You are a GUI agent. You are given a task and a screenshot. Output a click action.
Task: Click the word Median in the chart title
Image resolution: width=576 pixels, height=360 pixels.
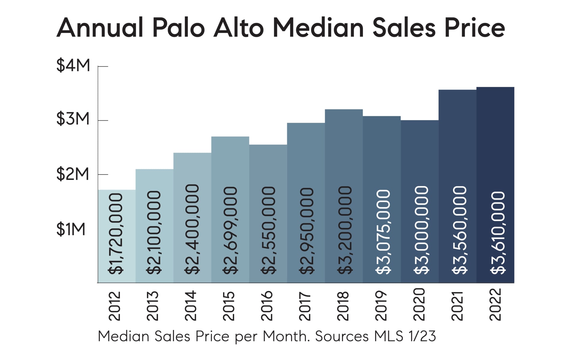click(x=318, y=28)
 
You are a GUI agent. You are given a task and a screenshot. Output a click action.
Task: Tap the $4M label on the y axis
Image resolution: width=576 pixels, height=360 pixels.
click(x=73, y=65)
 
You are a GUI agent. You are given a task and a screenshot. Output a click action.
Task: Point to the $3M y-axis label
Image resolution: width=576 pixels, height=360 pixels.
click(x=73, y=119)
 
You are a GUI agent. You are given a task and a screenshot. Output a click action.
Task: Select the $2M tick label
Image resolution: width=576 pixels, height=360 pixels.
click(x=73, y=174)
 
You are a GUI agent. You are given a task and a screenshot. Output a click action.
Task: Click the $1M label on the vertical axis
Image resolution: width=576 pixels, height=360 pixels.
click(x=71, y=229)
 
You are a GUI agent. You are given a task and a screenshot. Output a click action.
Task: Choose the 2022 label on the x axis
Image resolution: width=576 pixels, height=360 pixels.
click(x=495, y=304)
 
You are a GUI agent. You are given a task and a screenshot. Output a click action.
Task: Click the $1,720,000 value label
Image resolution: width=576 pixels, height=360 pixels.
click(x=116, y=234)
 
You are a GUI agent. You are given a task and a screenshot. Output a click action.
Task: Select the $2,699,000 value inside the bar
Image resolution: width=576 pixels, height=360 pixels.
click(x=230, y=230)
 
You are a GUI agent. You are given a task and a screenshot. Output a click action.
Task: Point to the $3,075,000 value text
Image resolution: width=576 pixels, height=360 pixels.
click(x=383, y=232)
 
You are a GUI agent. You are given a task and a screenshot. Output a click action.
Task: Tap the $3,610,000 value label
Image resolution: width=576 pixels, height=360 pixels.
click(x=498, y=233)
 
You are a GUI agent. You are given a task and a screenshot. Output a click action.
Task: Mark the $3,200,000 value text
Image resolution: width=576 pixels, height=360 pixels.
click(x=345, y=230)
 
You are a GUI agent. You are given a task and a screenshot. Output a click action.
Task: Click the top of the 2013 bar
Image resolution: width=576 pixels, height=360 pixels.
click(x=154, y=169)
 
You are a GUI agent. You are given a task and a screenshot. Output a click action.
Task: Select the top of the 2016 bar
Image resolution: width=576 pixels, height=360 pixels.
click(x=268, y=145)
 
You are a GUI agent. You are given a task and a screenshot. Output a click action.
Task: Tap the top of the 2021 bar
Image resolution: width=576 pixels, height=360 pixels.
click(x=457, y=90)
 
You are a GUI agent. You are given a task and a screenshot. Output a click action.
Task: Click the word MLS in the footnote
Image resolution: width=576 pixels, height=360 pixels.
click(x=389, y=336)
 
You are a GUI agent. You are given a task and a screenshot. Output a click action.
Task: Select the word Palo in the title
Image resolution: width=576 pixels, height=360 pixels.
click(x=178, y=28)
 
